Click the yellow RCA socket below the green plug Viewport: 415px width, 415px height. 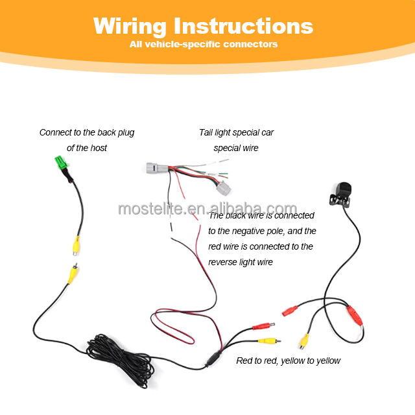coord(77,246)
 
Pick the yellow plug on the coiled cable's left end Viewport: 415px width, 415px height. coord(71,272)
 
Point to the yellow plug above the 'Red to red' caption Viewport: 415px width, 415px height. coord(267,340)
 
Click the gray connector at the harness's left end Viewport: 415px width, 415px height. coord(156,170)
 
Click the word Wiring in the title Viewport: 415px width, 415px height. coord(130,26)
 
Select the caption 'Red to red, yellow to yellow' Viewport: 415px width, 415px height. coord(288,361)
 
